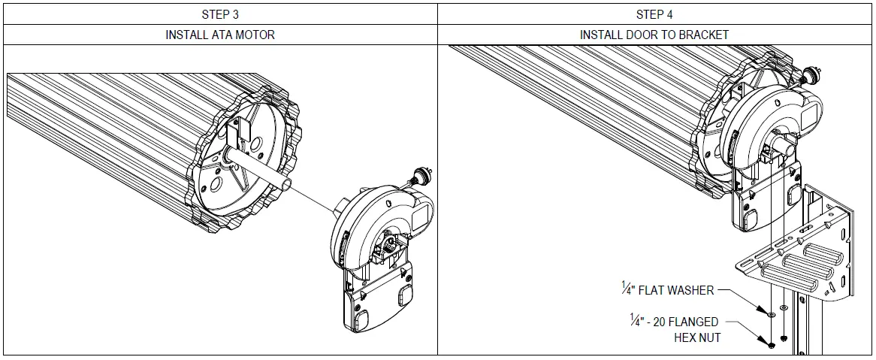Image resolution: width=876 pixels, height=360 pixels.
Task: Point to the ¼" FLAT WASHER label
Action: pyautogui.click(x=666, y=289)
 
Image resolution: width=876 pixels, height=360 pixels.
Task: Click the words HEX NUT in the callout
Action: pyautogui.click(x=698, y=337)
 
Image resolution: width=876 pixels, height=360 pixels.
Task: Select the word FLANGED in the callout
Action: pyautogui.click(x=691, y=322)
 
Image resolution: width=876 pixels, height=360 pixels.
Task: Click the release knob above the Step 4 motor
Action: pyautogui.click(x=810, y=75)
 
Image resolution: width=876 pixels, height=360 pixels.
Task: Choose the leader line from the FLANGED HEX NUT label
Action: pyautogui.click(x=747, y=331)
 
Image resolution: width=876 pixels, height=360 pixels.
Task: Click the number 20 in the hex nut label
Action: pyautogui.click(x=660, y=322)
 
